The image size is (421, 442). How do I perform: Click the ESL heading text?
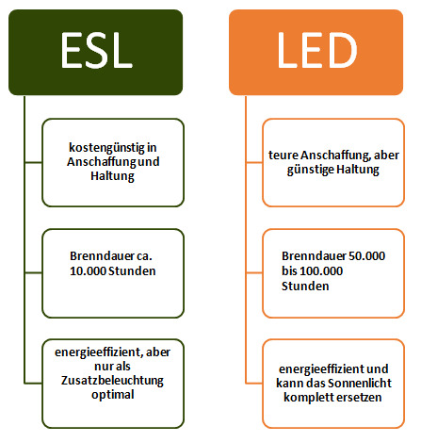click(x=97, y=50)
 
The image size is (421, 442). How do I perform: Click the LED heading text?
click(x=317, y=50)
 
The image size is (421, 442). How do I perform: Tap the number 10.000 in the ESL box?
click(x=88, y=271)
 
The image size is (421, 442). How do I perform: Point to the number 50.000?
click(x=366, y=256)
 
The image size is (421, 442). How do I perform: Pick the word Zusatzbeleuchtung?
click(x=112, y=381)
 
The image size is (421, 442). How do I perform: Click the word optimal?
click(x=113, y=395)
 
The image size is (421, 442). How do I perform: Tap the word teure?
click(x=283, y=156)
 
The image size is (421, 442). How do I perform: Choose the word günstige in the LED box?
click(x=311, y=170)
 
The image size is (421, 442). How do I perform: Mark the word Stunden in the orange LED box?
click(x=305, y=286)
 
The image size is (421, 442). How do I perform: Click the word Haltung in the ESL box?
click(x=112, y=176)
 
